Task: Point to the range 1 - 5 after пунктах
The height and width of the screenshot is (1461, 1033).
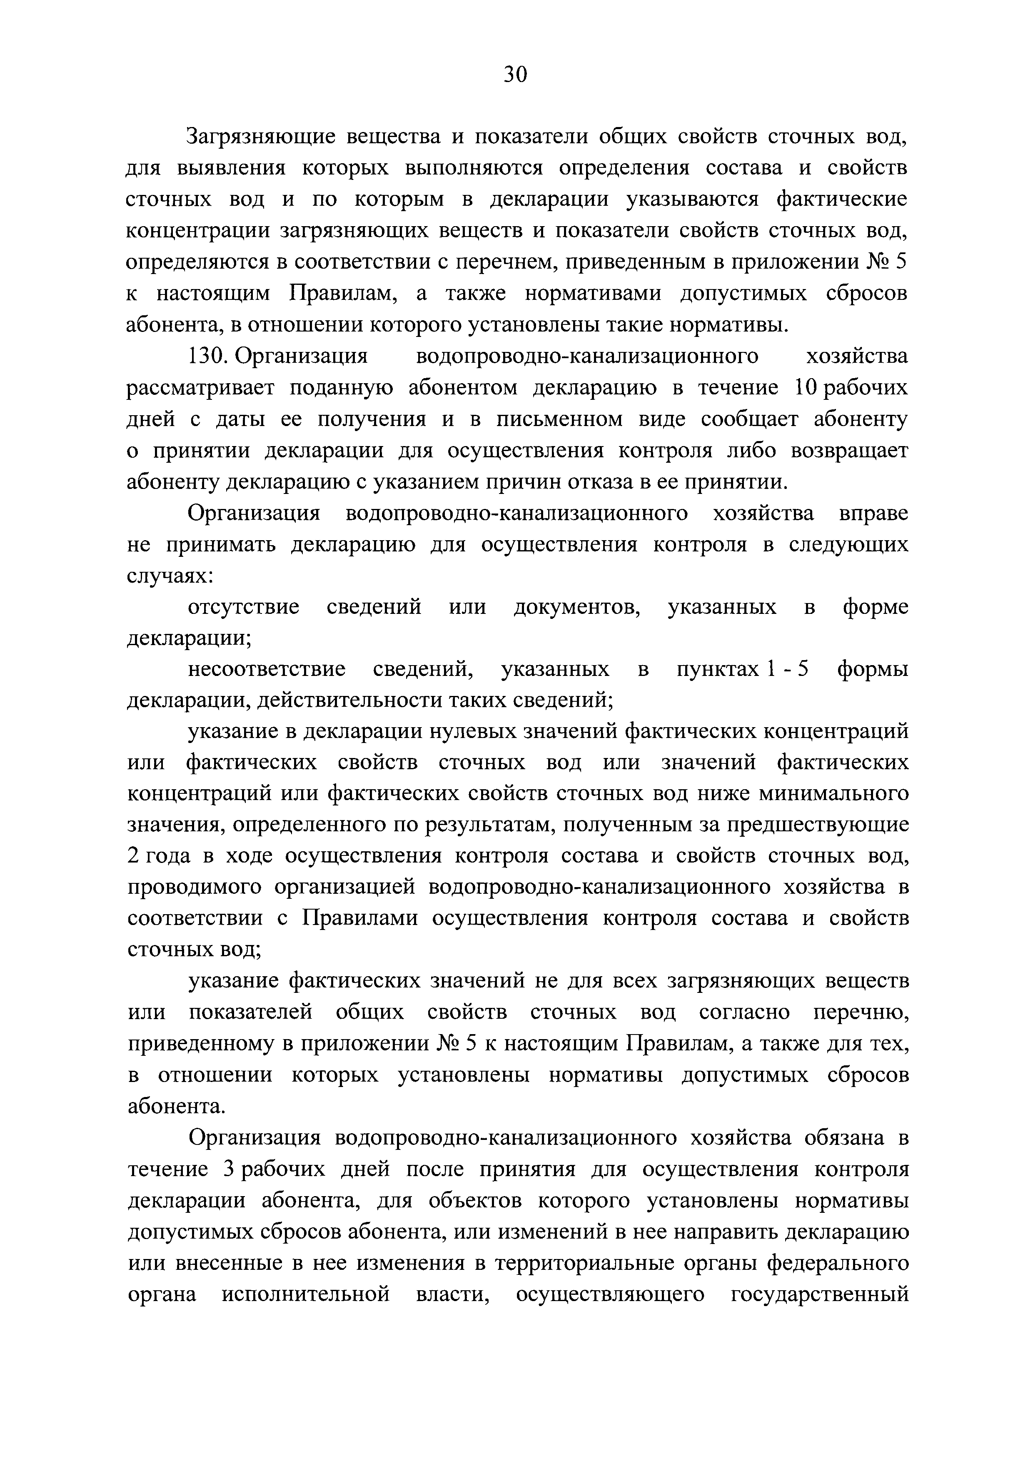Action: click(x=787, y=669)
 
